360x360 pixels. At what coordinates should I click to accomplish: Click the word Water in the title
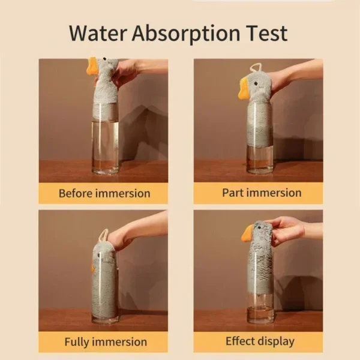click(x=98, y=33)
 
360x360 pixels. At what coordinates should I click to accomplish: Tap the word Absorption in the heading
click(x=186, y=35)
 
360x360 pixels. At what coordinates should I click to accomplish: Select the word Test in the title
click(x=266, y=33)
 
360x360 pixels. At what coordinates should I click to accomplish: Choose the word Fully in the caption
click(x=78, y=342)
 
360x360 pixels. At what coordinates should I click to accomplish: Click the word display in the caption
click(x=275, y=341)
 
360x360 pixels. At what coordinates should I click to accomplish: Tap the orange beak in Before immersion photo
click(x=92, y=66)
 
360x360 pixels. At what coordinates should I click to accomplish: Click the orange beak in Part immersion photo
click(x=244, y=88)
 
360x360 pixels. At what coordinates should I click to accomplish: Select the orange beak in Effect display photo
click(x=247, y=234)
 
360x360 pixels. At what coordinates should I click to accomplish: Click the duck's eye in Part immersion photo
click(x=256, y=83)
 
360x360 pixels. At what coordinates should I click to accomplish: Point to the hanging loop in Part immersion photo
click(x=255, y=67)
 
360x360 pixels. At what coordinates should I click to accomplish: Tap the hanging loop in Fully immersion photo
click(x=103, y=235)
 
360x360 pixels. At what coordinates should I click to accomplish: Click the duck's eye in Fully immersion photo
click(x=99, y=255)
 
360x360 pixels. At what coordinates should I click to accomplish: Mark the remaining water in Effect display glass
click(x=260, y=314)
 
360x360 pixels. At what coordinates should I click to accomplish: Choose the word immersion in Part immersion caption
click(x=275, y=193)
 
